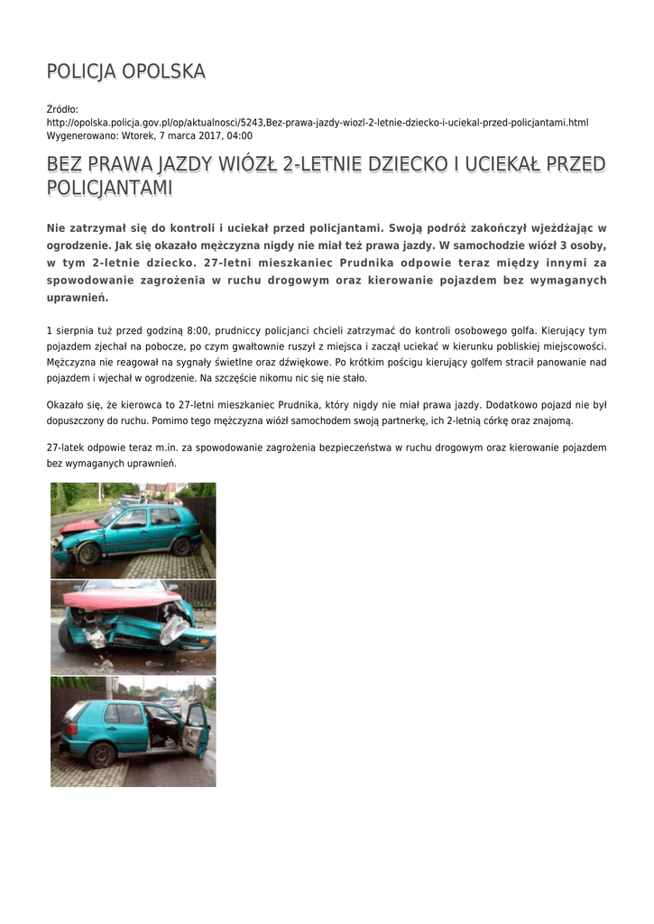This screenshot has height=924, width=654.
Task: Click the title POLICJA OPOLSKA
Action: [126, 71]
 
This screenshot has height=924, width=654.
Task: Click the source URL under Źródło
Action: [317, 122]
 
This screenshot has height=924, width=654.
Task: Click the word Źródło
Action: [62, 109]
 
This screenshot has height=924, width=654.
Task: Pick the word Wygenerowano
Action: [78, 135]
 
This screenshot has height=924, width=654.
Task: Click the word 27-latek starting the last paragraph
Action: [65, 448]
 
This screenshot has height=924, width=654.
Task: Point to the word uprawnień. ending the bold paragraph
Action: [77, 297]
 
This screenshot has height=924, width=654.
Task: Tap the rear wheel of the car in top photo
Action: [181, 547]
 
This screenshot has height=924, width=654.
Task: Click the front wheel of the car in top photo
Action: [88, 553]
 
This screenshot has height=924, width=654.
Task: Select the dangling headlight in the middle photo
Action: [174, 629]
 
